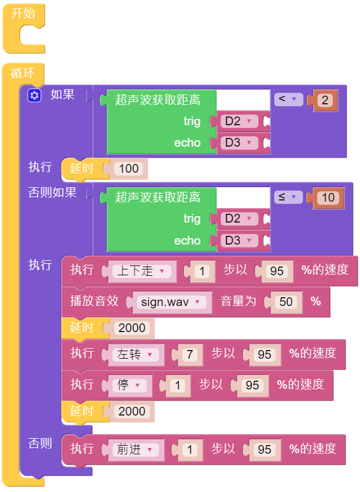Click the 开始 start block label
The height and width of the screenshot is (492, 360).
[x=23, y=13]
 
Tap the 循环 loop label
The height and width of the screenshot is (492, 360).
[x=23, y=73]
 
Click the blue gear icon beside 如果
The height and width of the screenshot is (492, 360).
[x=34, y=96]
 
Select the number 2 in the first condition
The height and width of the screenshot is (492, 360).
[x=325, y=100]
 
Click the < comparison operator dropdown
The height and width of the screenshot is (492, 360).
[x=288, y=99]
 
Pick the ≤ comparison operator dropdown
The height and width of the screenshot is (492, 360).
[x=288, y=197]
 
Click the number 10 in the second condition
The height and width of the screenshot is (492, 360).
[x=328, y=198]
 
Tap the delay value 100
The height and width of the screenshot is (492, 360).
[x=129, y=169]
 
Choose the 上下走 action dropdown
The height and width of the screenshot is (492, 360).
[x=141, y=271]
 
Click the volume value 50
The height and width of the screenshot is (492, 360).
[x=286, y=302]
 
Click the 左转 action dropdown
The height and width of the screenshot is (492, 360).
[x=136, y=355]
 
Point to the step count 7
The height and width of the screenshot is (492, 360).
[x=190, y=355]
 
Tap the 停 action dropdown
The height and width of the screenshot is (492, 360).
[x=129, y=385]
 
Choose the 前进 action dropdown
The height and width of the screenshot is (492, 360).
[x=136, y=450]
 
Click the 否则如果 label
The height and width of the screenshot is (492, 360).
[x=52, y=192]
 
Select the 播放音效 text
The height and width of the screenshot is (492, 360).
[x=94, y=301]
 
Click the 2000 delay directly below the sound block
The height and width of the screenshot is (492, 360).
[x=132, y=328]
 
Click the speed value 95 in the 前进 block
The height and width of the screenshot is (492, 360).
[x=264, y=450]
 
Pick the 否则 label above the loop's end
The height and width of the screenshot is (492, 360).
[x=40, y=443]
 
